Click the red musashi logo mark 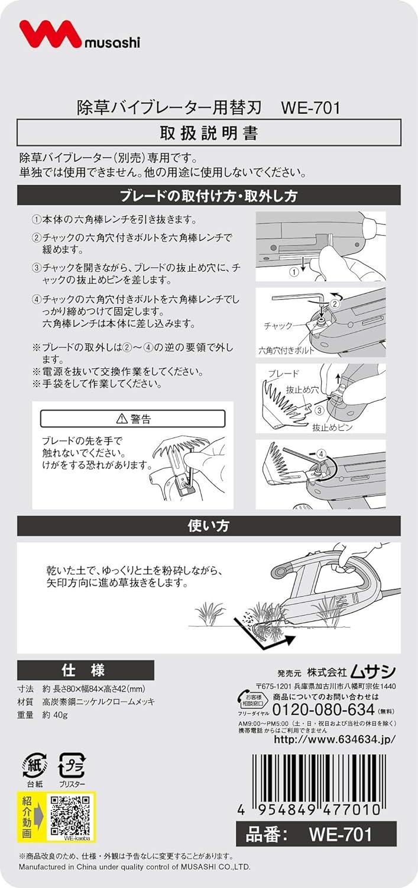click(50, 34)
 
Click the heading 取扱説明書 click(209, 133)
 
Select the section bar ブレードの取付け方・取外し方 click(209, 196)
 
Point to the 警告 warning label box click(132, 419)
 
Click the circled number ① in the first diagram click(294, 272)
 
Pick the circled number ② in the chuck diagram click(335, 304)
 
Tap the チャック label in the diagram click(278, 326)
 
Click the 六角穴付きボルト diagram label click(286, 350)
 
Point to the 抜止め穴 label click(303, 390)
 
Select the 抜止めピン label click(332, 427)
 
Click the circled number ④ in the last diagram click(321, 454)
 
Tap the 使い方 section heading click(209, 526)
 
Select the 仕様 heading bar click(86, 670)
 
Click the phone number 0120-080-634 click(324, 710)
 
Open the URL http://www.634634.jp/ click(335, 739)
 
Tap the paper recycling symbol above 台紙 click(35, 765)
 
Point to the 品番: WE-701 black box click(316, 834)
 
